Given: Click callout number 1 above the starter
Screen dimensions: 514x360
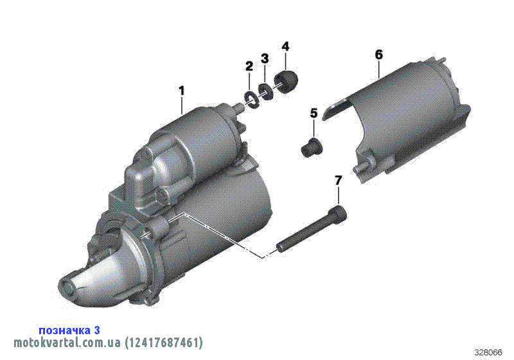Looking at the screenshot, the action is [181, 91].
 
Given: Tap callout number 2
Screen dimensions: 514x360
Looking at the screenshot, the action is [249, 66].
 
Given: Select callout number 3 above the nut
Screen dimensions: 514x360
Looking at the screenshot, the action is [265, 59].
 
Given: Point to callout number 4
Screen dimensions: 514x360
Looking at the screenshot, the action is [285, 46].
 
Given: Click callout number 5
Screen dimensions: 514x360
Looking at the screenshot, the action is [314, 113].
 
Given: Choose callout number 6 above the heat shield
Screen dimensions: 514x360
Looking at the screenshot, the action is [378, 55].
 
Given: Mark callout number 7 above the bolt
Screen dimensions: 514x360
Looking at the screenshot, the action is [338, 181].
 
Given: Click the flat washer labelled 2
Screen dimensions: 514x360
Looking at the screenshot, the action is [252, 100].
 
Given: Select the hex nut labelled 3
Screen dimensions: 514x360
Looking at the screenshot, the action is [265, 91].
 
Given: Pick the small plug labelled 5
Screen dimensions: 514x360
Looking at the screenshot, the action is [312, 147].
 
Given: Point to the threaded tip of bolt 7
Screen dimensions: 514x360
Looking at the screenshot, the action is [281, 248].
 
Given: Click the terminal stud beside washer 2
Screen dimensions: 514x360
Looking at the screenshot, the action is [239, 107].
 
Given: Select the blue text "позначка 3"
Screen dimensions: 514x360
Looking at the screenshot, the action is [69, 330].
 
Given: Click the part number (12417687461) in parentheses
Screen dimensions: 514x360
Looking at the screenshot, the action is [164, 343].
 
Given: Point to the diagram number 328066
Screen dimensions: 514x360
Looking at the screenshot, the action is [488, 352].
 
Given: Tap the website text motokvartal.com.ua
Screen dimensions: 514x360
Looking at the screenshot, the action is [67, 343].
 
